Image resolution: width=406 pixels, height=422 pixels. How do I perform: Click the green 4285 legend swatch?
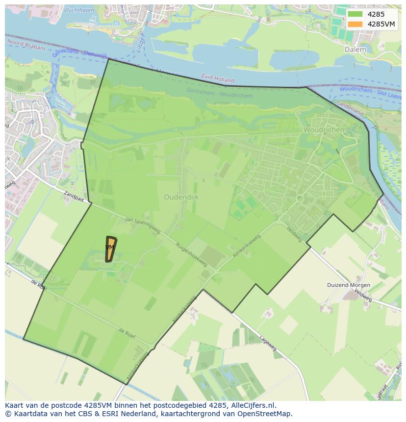coord(355,14)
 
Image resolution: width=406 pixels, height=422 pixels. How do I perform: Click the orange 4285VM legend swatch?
coord(355,24)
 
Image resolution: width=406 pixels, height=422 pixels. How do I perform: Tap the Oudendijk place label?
coord(181,197)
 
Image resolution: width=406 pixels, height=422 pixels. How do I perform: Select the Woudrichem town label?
coord(325,130)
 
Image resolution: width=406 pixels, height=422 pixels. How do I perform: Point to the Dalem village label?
coord(355,50)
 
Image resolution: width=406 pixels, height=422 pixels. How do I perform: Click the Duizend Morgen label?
coord(349,285)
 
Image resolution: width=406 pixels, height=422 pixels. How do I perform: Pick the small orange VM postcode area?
coord(111,248)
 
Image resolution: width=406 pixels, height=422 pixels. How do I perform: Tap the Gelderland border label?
coord(350,109)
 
